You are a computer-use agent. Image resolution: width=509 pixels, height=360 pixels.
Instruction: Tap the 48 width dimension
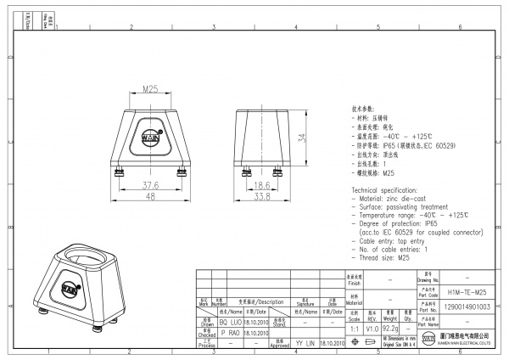point(149,196)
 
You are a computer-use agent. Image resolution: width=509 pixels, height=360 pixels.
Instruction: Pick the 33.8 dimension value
point(263,196)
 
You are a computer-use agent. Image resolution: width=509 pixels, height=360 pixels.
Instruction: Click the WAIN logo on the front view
point(149,135)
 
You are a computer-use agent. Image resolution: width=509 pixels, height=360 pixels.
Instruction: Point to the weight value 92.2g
point(390,327)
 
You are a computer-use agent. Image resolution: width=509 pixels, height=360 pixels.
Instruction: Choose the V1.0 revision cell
point(372,327)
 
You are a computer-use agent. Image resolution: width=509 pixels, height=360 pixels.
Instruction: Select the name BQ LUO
point(229,323)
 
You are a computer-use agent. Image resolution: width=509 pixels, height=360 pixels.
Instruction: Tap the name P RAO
point(229,333)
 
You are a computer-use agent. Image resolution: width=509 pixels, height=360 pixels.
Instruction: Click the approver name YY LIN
point(305,343)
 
